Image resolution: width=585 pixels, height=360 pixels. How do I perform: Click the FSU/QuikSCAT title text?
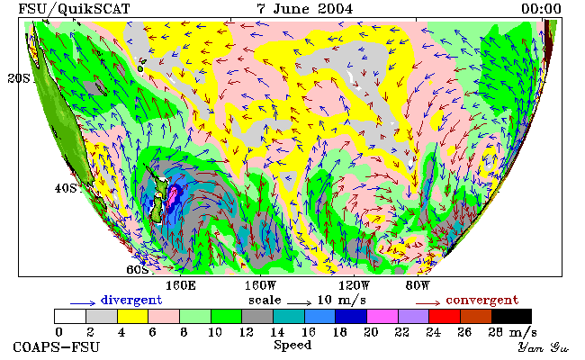tap(74, 9)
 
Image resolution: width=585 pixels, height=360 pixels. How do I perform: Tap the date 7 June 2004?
tap(304, 9)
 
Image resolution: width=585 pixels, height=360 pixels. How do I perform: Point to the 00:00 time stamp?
tap(541, 9)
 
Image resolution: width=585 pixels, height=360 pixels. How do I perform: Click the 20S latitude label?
tap(19, 78)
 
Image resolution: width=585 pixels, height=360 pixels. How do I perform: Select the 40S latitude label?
tap(66, 188)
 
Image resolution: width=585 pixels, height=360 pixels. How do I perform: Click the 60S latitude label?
tap(138, 269)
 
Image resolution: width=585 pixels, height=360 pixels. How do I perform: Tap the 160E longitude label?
tap(181, 286)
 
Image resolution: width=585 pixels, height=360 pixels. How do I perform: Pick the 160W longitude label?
tap(260, 286)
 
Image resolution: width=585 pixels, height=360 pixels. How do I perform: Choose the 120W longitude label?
tap(354, 286)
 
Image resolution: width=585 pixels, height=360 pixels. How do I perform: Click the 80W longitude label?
tap(418, 286)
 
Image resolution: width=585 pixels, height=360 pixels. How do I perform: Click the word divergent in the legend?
tap(131, 301)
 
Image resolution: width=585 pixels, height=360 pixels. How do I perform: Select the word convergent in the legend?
tap(482, 301)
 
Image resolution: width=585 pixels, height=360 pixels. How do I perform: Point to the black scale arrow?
tap(299, 303)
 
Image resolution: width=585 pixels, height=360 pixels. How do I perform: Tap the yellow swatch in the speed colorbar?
tap(133, 316)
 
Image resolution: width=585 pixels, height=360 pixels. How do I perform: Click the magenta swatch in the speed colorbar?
tap(382, 316)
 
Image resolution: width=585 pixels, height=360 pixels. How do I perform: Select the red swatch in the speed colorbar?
tap(445, 316)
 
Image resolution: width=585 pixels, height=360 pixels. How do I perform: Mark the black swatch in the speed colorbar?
tap(511, 316)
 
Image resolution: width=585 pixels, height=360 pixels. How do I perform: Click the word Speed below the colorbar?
tap(292, 345)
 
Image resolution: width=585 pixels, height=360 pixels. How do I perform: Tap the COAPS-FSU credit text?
tap(57, 346)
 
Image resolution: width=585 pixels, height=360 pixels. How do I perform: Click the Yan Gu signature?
tap(544, 347)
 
